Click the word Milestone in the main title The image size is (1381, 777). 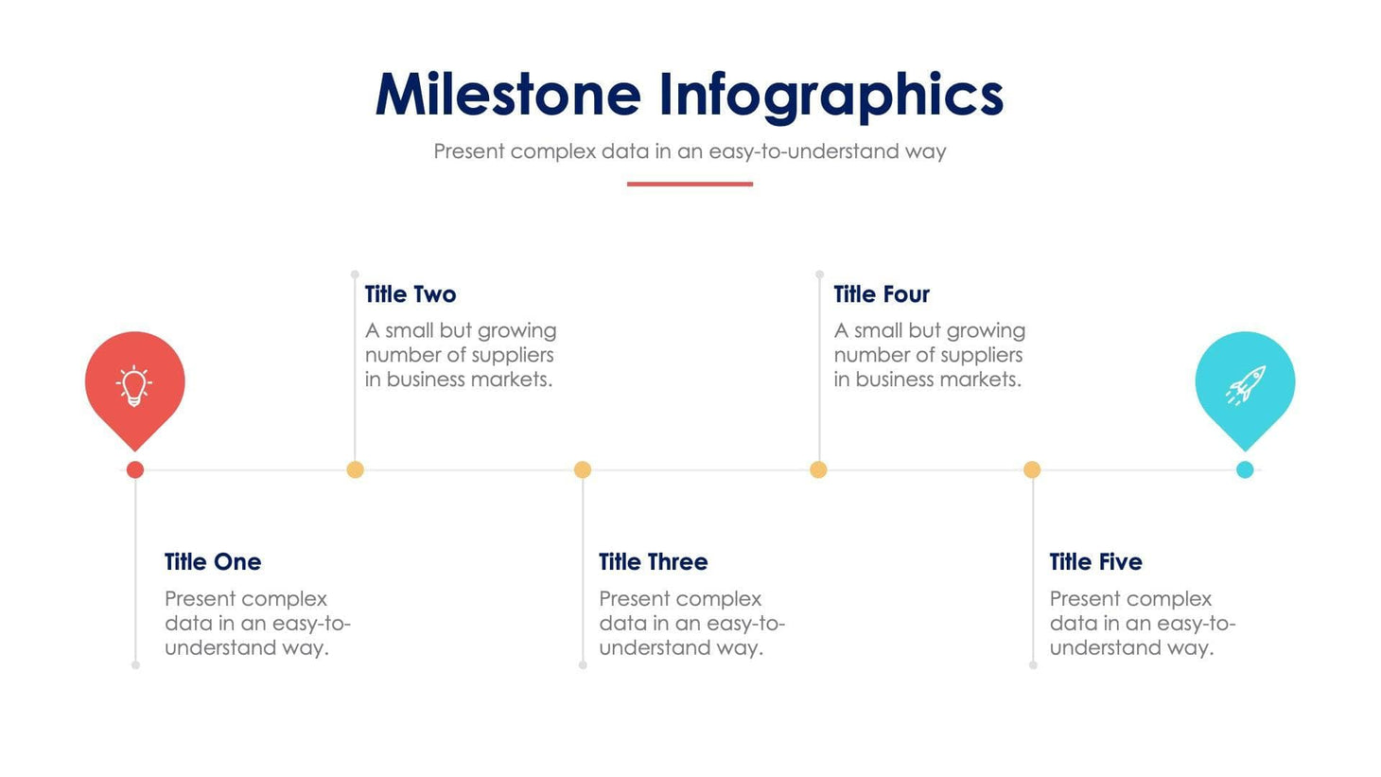pos(508,95)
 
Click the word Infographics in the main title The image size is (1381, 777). pos(830,95)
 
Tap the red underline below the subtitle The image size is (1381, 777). pos(690,184)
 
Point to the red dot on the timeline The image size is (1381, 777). pos(135,469)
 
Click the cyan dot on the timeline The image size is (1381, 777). pos(1245,469)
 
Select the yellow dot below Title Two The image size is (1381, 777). pos(355,469)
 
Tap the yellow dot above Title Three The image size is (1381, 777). pos(583,469)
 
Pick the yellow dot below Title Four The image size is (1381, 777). pos(818,469)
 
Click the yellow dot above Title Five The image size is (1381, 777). pos(1032,469)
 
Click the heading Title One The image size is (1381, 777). pos(213,562)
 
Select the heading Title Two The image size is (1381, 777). pos(411,294)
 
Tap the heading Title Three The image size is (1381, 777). pos(653,562)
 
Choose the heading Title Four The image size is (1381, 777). pos(882,294)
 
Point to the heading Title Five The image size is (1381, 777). pos(1095,562)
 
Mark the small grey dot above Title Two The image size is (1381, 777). pos(355,274)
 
